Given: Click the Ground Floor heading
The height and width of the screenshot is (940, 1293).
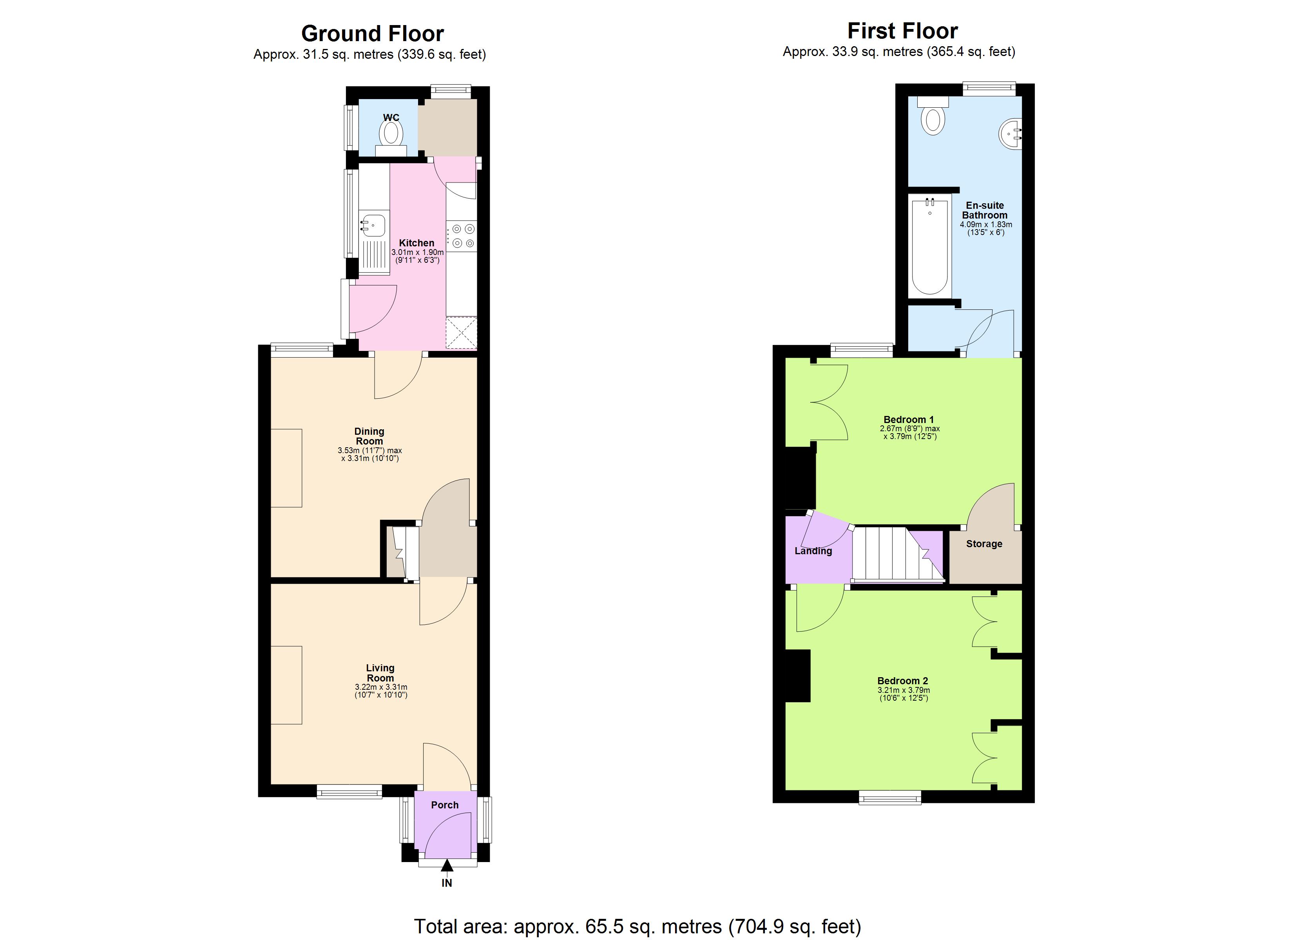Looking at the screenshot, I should click(x=372, y=34).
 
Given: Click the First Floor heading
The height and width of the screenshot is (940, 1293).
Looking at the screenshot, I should click(x=902, y=31).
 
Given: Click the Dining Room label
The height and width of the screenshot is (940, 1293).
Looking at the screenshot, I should click(x=369, y=436).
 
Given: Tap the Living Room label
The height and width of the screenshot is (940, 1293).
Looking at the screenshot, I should click(x=380, y=672).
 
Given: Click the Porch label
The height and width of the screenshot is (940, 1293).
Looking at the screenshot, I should click(x=445, y=805).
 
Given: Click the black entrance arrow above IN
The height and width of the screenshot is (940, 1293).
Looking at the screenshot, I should click(x=447, y=866).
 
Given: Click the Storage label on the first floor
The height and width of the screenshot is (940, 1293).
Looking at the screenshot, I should click(x=984, y=544).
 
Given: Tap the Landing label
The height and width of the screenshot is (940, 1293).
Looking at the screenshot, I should click(x=813, y=551).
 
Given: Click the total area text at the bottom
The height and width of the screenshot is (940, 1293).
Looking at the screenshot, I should click(x=637, y=926).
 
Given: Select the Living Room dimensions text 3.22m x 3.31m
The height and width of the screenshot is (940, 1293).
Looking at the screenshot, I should click(x=381, y=687).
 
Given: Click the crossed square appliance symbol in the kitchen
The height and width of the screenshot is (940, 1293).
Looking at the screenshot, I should click(x=461, y=333).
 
